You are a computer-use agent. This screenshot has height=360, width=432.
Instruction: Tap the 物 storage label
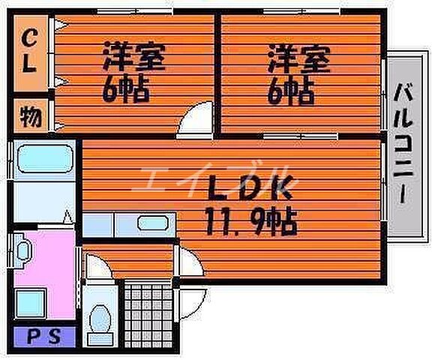point(31,118)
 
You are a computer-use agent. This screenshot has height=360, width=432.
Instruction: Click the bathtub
point(43,159)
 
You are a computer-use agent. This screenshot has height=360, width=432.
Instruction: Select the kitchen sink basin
point(153,223)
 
